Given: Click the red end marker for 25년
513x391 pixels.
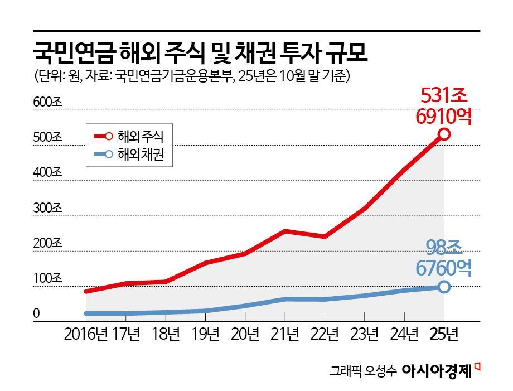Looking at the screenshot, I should [x=444, y=134].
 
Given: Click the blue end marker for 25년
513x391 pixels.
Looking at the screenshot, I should [x=444, y=287].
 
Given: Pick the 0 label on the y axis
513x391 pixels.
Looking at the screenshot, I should [x=36, y=314].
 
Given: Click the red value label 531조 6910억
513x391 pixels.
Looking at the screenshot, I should [x=444, y=106].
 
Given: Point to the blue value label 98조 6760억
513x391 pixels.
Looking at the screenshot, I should [x=444, y=257].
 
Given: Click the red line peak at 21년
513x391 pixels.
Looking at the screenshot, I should [x=285, y=230].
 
